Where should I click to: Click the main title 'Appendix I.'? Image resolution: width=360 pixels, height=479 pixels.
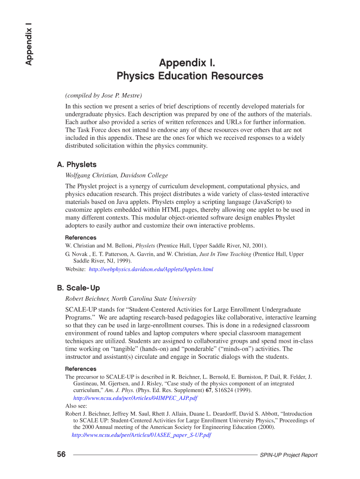coord(187,62)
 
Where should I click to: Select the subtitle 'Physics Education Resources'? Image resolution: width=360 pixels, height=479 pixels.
coord(190,76)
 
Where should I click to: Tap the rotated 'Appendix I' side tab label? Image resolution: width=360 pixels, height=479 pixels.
coord(29,44)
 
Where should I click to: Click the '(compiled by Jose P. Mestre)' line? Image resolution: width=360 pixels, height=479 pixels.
coord(103,96)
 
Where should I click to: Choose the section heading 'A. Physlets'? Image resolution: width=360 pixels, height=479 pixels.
coord(77,165)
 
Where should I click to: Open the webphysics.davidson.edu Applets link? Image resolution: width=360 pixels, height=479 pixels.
coord(151,269)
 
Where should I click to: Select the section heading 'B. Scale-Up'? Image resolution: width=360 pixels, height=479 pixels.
coord(78,288)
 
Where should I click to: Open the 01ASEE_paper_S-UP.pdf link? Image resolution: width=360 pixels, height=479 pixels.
coord(141,435)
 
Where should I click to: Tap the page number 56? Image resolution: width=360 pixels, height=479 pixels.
coord(61,454)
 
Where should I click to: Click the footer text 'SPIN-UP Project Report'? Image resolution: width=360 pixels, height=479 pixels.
coord(288,455)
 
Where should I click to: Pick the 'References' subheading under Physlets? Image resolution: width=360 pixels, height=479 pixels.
coord(80,238)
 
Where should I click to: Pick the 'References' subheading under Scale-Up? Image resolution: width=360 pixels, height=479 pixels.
coord(80,369)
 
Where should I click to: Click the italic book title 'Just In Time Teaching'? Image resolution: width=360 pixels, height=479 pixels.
coord(225,254)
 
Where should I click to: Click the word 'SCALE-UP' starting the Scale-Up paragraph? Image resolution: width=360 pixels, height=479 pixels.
coord(80,309)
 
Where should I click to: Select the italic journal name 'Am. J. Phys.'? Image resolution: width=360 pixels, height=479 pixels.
coord(119,390)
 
